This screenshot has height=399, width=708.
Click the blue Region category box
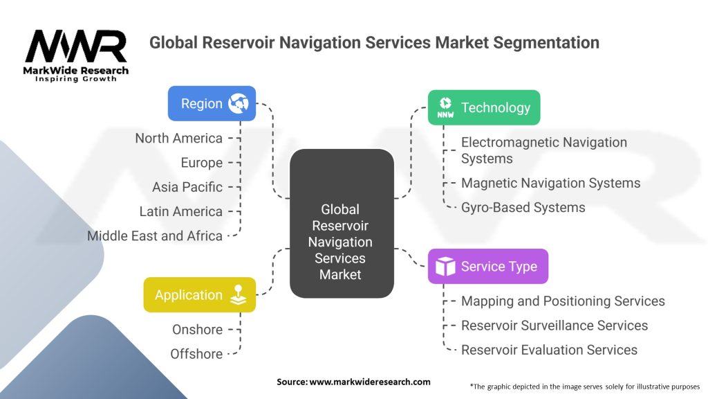(212, 104)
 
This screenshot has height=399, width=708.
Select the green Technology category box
(483, 107)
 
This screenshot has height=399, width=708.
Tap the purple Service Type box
(487, 267)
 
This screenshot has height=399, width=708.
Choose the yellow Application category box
(199, 295)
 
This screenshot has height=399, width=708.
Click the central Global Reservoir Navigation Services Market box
(341, 242)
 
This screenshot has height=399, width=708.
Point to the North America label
(178, 139)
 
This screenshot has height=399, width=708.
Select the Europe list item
(202, 163)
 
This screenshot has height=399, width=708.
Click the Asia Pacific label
(187, 187)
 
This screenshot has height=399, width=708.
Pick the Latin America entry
(180, 211)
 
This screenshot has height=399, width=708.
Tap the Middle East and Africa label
(155, 236)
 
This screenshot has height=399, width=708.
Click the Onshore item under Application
(197, 330)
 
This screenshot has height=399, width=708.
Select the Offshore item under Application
(196, 354)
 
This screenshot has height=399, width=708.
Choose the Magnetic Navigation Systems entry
(550, 183)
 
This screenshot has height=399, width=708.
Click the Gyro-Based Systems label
(523, 207)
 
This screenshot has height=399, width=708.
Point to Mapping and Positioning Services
(563, 301)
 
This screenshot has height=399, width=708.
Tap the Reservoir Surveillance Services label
(555, 326)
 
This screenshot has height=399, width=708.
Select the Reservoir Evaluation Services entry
(549, 350)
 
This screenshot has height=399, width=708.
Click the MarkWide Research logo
(76, 55)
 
